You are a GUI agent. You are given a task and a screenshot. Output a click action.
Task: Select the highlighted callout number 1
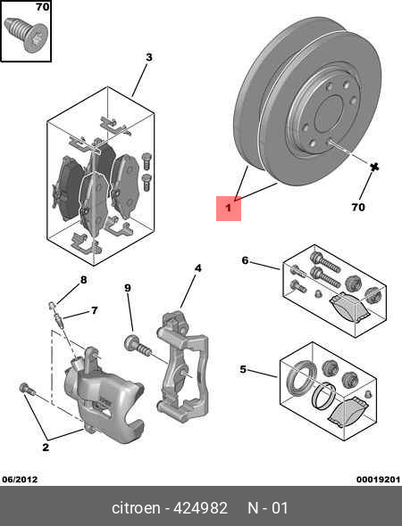point(228,210)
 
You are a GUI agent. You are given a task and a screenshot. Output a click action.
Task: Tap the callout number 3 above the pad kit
point(149,58)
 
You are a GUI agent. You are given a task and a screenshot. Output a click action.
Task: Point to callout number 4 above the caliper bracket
point(198,267)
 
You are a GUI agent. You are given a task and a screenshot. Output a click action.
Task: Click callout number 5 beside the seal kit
point(244,260)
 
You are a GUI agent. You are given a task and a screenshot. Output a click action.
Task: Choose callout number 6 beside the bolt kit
point(93,311)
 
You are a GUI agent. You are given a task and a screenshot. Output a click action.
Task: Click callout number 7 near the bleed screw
point(84,280)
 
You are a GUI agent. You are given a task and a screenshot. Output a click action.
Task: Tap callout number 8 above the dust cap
point(128,288)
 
